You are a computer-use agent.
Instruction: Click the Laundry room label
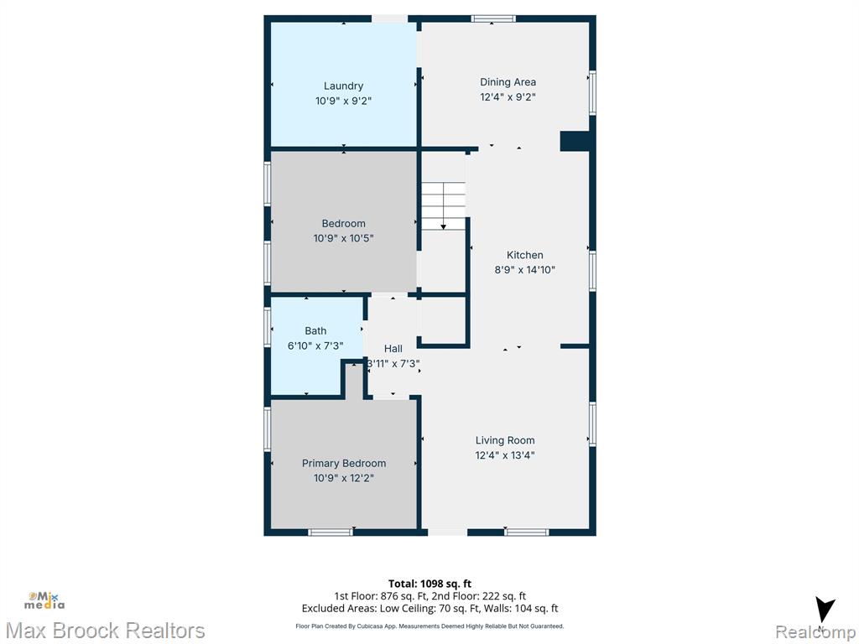click(343, 86)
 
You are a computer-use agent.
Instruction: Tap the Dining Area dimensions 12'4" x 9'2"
click(508, 97)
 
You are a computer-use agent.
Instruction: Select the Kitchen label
click(525, 255)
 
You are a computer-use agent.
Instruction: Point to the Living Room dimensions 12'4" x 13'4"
click(504, 455)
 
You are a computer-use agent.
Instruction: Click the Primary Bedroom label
click(344, 463)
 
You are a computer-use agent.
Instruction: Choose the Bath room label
click(315, 330)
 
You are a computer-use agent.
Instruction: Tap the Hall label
click(393, 348)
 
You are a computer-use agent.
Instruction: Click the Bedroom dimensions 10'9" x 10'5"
click(343, 238)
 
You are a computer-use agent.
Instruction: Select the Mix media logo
click(44, 600)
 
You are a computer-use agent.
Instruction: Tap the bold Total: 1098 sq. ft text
click(430, 584)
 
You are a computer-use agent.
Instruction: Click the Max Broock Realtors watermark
click(105, 631)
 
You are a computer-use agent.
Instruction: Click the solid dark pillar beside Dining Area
click(574, 141)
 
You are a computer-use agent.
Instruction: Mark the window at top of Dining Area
click(493, 19)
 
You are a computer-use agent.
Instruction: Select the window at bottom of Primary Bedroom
click(331, 532)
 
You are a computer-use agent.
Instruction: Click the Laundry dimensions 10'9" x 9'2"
click(343, 101)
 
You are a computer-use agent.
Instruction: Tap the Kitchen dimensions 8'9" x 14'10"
click(525, 269)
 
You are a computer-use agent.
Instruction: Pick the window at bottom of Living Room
click(527, 532)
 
